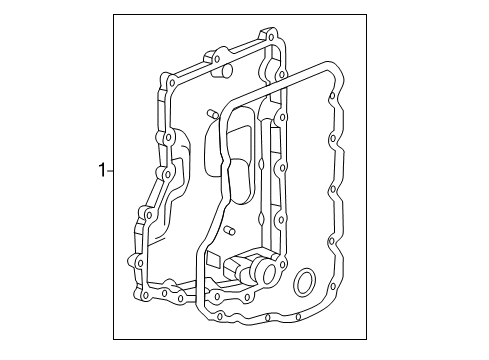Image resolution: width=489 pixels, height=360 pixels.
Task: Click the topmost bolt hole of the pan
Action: pyautogui.click(x=272, y=42)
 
